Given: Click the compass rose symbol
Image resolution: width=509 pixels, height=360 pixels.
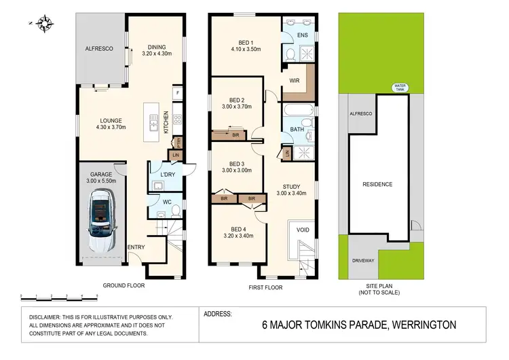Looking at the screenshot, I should pos(46,23).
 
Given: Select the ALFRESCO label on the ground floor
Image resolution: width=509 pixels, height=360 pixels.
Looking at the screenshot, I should pos(98,50).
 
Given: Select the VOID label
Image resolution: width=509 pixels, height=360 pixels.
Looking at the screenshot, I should pos(303,230).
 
